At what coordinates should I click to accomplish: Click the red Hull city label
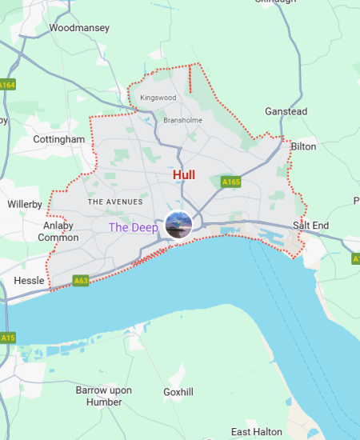pyautogui.click(x=183, y=174)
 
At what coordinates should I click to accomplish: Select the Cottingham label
pyautogui.click(x=58, y=139)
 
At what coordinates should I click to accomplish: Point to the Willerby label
pyautogui.click(x=24, y=204)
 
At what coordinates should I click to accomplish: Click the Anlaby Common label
pyautogui.click(x=58, y=231)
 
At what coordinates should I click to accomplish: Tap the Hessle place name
pyautogui.click(x=30, y=281)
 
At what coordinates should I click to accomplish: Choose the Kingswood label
pyautogui.click(x=157, y=98)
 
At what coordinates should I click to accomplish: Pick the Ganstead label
pyautogui.click(x=286, y=112)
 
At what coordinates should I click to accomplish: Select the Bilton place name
pyautogui.click(x=304, y=146)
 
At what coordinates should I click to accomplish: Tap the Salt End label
pyautogui.click(x=310, y=226)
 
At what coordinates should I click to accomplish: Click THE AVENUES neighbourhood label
pyautogui.click(x=115, y=202)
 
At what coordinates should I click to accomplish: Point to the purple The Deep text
pyautogui.click(x=134, y=227)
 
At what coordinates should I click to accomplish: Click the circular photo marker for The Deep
pyautogui.click(x=178, y=225)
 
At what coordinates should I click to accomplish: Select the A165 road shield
pyautogui.click(x=231, y=182)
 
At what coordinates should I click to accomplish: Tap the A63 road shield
pyautogui.click(x=81, y=281)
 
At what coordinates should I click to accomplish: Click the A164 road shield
pyautogui.click(x=7, y=84)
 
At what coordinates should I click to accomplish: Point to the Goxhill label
pyautogui.click(x=178, y=392)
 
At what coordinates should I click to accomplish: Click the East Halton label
pyautogui.click(x=256, y=432)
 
